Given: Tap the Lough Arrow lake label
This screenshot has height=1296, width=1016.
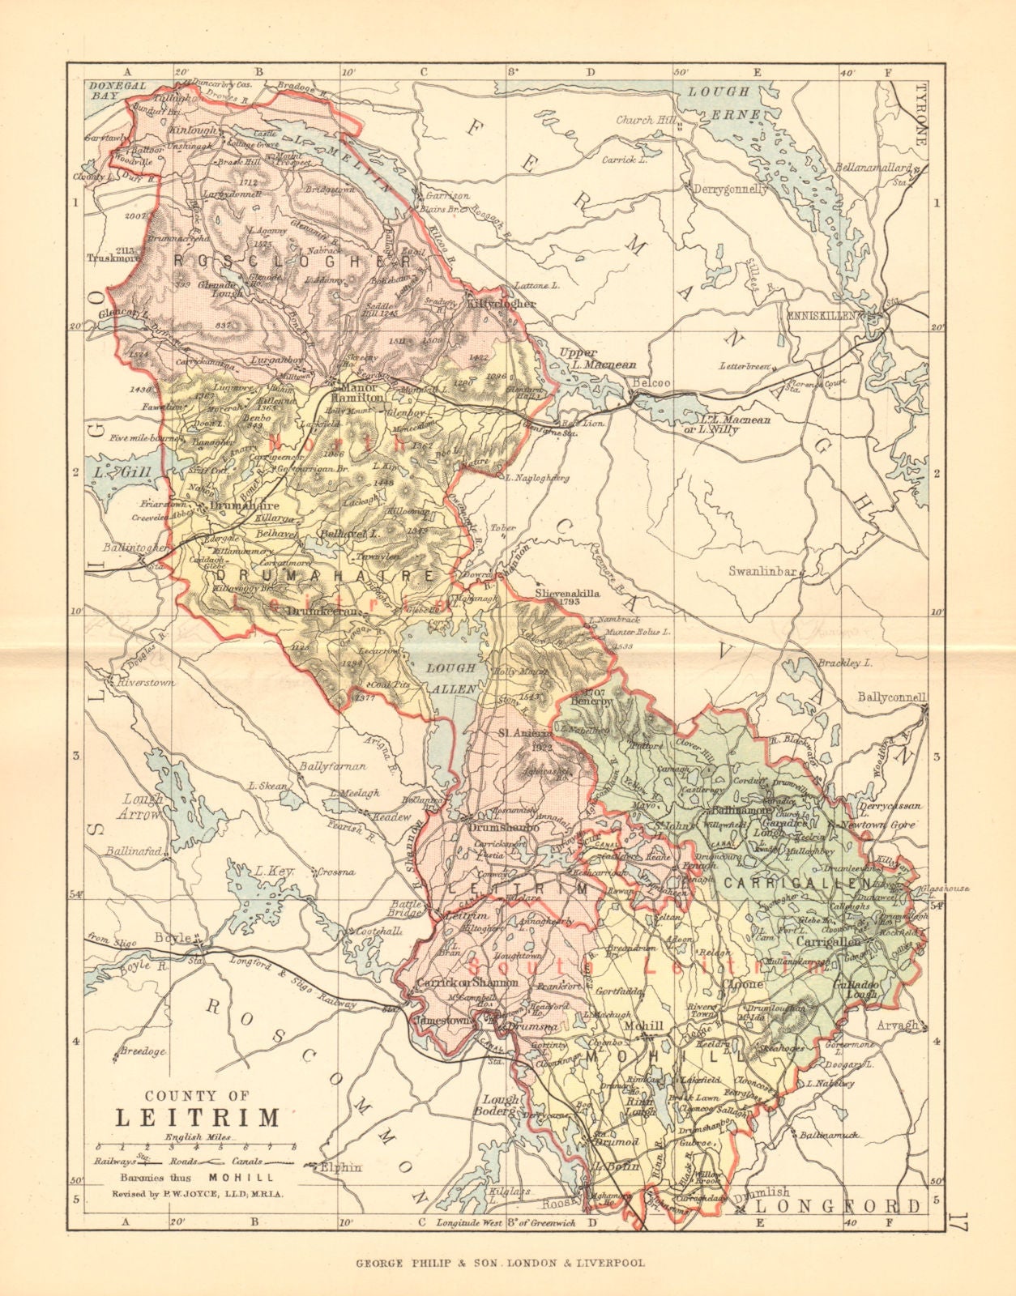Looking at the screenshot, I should coord(143,806).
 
